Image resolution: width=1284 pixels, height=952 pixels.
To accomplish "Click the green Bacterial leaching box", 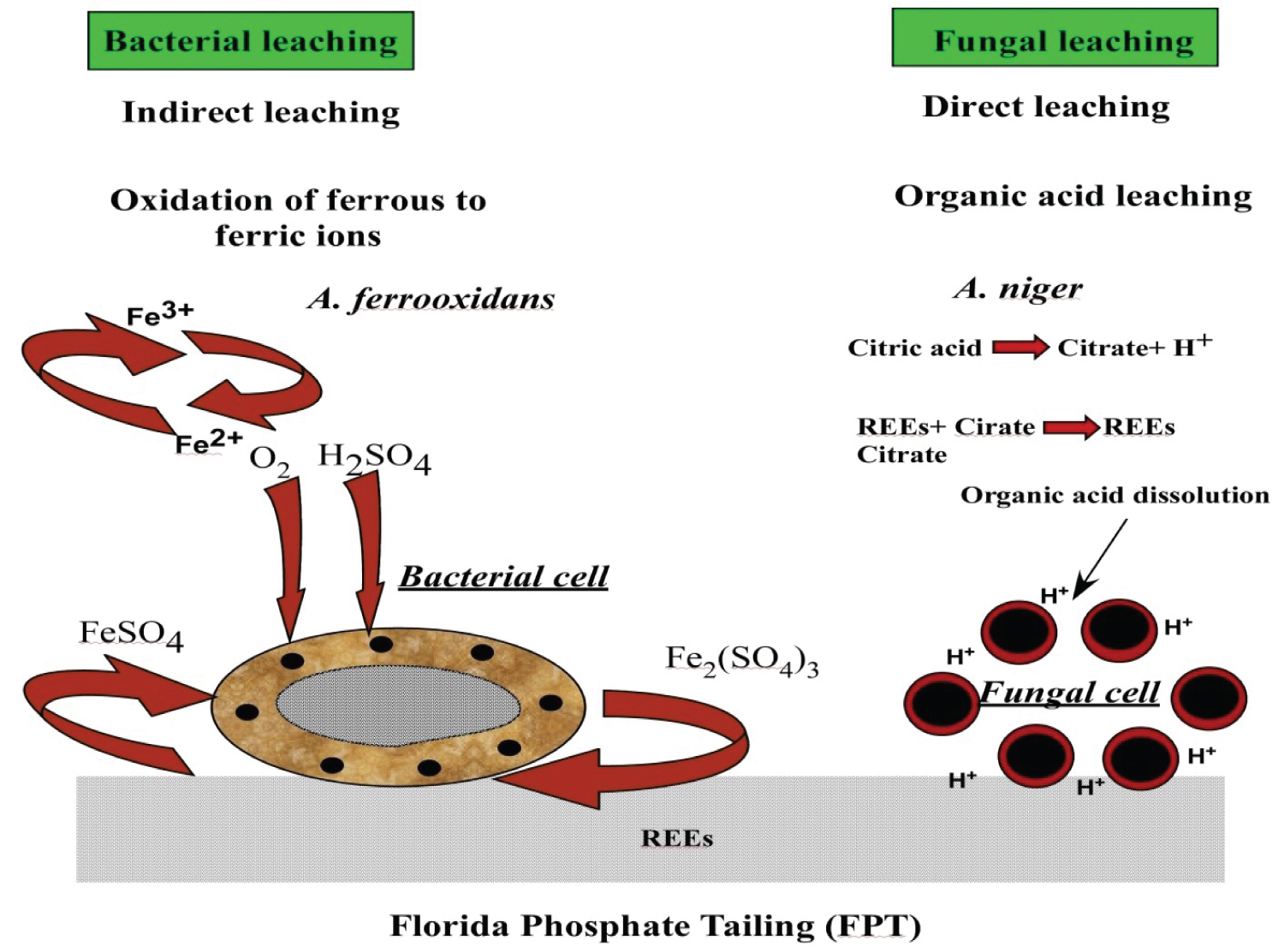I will (x=251, y=41).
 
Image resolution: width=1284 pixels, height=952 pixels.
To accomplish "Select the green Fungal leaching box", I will (x=1055, y=39).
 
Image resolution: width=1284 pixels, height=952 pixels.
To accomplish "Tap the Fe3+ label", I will (x=160, y=314).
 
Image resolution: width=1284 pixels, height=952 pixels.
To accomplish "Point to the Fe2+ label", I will (x=209, y=442).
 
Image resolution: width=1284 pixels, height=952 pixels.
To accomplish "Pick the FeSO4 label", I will (x=131, y=634).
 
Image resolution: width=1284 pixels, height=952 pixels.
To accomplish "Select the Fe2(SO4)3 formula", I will (x=742, y=660).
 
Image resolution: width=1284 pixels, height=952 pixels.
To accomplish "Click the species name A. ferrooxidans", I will (x=431, y=299).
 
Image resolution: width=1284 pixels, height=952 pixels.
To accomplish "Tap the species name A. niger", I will (x=1018, y=289).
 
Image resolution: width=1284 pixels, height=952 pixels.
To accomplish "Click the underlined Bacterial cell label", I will (x=503, y=577).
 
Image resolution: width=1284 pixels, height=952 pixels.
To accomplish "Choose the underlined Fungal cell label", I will (x=1069, y=692).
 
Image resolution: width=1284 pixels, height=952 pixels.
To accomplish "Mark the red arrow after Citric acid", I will (x=1020, y=348).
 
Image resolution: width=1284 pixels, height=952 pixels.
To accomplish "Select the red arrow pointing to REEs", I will (x=1070, y=426).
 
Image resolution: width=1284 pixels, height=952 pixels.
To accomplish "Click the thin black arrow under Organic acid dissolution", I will (x=1101, y=558).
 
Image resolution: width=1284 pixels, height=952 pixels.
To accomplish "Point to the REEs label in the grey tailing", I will (x=676, y=838).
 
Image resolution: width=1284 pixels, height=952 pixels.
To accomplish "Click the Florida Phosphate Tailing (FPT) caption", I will (x=655, y=926).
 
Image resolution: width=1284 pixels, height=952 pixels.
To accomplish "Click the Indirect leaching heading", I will (x=261, y=112).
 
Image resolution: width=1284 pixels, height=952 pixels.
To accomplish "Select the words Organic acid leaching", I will (x=1073, y=196).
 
